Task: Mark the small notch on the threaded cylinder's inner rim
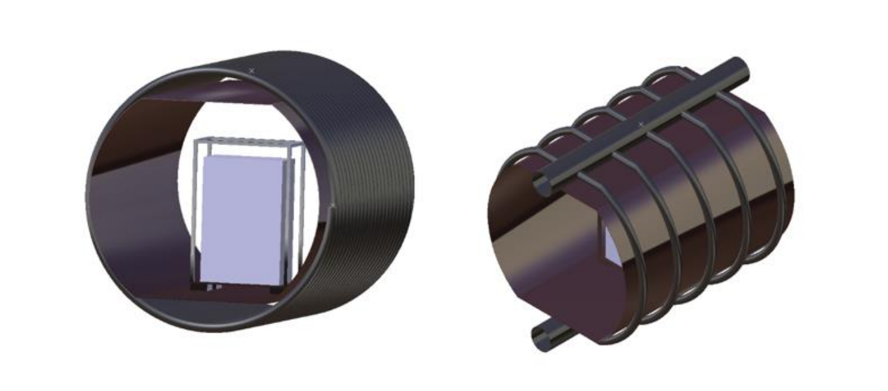(x=332, y=205)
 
